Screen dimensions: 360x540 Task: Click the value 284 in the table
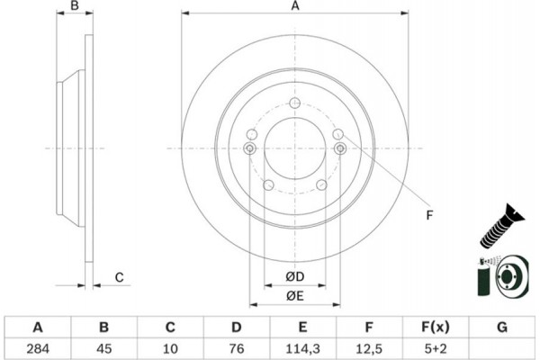click(x=37, y=347)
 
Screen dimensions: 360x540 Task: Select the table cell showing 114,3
click(x=302, y=347)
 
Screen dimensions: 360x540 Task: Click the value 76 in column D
click(x=235, y=347)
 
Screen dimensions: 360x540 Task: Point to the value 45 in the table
click(x=103, y=347)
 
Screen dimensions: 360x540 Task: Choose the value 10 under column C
click(x=169, y=347)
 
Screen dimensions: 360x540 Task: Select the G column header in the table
click(x=500, y=326)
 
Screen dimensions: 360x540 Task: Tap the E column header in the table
click(x=302, y=326)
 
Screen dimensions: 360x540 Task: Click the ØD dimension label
click(x=295, y=275)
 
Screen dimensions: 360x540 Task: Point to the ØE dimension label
click(x=295, y=297)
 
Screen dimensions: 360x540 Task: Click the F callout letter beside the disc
click(x=429, y=215)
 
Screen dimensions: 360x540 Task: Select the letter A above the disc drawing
click(x=294, y=7)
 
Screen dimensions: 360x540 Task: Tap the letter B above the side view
click(x=76, y=7)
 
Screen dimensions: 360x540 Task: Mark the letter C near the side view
click(x=118, y=277)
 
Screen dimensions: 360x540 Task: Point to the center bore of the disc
click(x=295, y=148)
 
